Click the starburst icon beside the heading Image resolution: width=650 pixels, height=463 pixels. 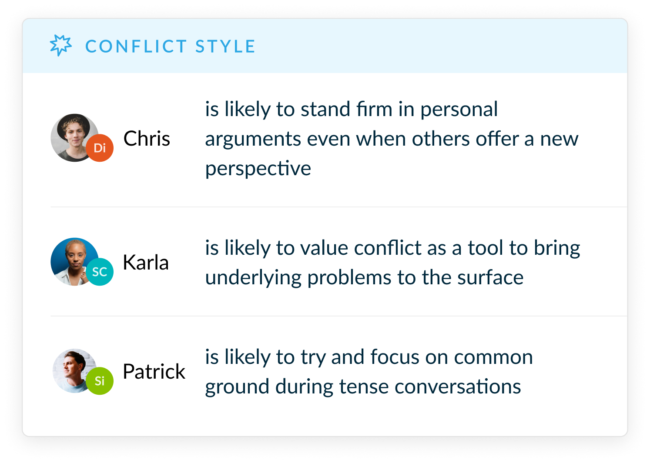tap(60, 46)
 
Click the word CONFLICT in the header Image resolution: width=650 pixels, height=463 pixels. tap(136, 47)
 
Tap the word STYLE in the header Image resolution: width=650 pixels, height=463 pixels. tap(225, 47)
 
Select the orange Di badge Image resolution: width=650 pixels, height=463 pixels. tap(100, 148)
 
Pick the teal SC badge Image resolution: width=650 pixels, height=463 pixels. tap(100, 272)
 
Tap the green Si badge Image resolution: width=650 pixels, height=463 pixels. tap(100, 381)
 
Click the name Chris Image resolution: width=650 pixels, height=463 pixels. tap(147, 138)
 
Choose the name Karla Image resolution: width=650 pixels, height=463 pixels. tap(146, 262)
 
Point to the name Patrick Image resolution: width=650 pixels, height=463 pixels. tap(154, 371)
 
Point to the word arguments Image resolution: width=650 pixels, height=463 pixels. tap(253, 140)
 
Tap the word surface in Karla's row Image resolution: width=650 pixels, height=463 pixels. tap(490, 277)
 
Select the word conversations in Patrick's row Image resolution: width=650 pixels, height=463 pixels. tap(458, 386)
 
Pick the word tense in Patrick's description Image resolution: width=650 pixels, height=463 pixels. tap(364, 386)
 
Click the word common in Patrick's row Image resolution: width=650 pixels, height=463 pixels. tap(493, 357)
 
